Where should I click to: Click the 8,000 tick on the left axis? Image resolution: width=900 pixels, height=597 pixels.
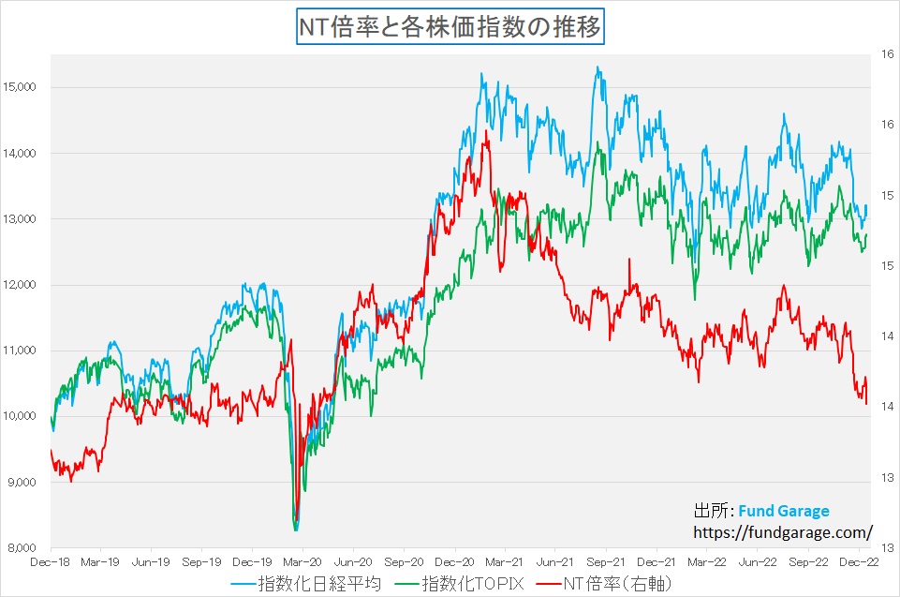click(x=22, y=548)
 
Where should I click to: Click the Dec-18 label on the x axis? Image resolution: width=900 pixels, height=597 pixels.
click(x=51, y=564)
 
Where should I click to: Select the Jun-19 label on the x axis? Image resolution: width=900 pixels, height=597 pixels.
click(x=151, y=564)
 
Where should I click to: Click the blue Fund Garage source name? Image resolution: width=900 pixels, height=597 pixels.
click(x=783, y=512)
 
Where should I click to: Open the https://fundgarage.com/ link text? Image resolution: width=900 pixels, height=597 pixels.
click(x=783, y=532)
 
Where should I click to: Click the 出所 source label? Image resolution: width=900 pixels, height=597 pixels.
click(x=711, y=512)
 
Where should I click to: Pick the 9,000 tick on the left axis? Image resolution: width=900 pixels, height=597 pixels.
click(x=22, y=483)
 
